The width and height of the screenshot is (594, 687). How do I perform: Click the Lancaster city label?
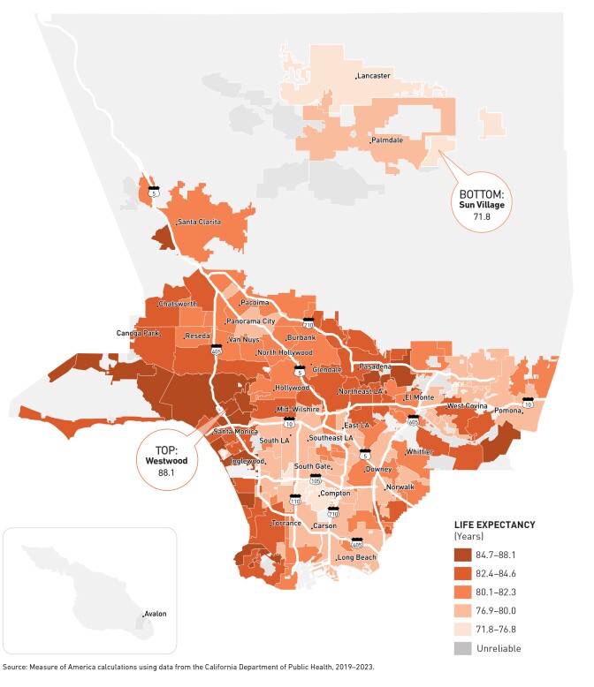tap(375, 76)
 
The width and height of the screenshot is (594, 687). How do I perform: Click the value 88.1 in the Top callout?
tap(167, 473)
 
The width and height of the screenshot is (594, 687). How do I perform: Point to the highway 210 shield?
tap(308, 323)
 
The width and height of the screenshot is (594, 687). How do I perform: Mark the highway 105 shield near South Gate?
tap(315, 480)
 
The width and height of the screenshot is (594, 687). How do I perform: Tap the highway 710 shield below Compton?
tap(332, 511)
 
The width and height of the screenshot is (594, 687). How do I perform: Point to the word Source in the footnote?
tap(17, 668)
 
